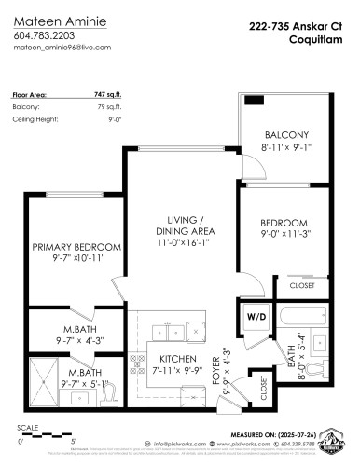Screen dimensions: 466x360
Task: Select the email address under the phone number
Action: (63, 46)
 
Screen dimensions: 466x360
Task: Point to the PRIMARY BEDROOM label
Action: (76, 246)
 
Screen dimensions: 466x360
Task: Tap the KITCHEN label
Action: (177, 359)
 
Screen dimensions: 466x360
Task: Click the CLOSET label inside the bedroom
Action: (300, 286)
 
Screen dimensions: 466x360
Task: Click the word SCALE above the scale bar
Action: (28, 430)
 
